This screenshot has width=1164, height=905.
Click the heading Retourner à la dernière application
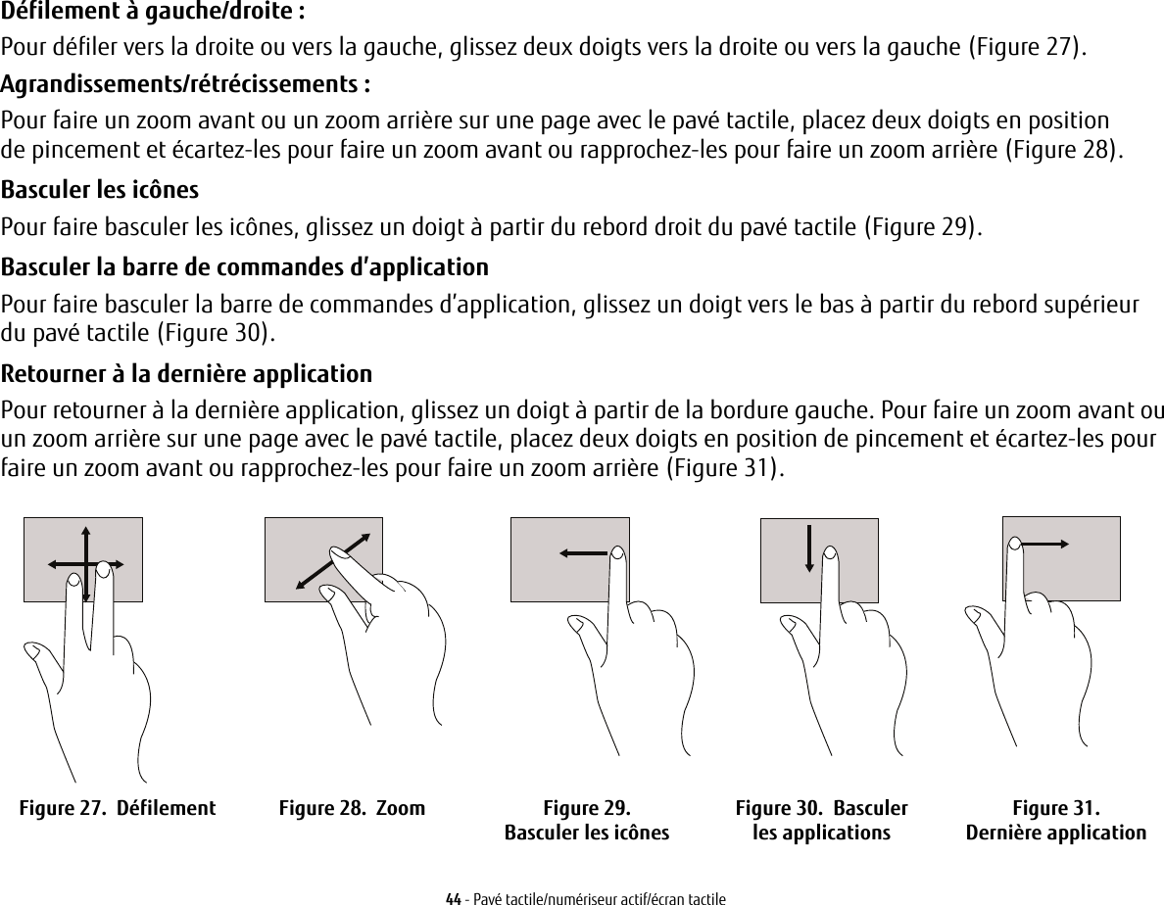point(186,374)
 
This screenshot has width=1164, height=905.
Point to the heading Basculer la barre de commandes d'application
point(244,267)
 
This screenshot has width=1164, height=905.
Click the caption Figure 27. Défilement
point(118,809)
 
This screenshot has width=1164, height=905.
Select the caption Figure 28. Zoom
point(352,809)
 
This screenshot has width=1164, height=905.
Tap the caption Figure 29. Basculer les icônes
point(586,821)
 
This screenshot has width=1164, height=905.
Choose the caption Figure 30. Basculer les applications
point(821,821)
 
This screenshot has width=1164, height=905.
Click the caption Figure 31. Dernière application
point(1055,821)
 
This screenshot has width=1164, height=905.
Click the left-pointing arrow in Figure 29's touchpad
point(584,554)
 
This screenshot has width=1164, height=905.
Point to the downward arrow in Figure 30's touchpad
point(809,548)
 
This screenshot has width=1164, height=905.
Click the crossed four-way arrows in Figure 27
point(86,564)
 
